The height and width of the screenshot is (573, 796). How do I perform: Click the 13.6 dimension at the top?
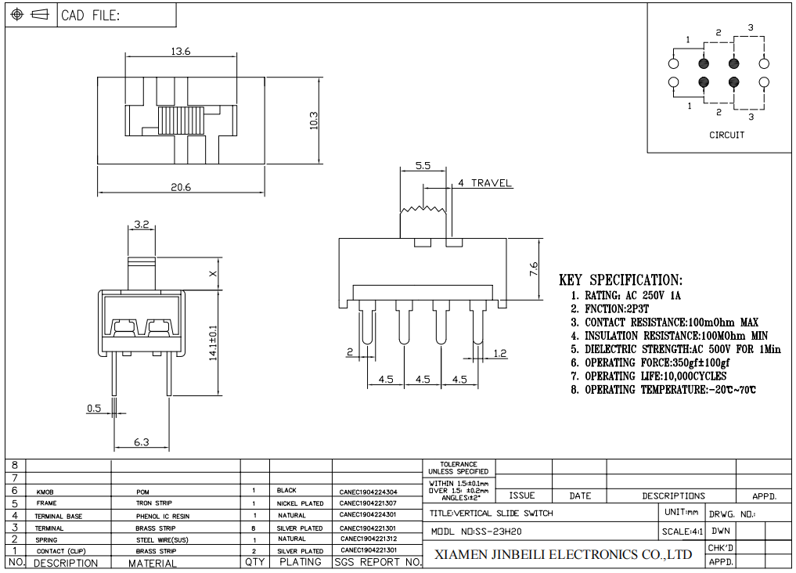(x=180, y=51)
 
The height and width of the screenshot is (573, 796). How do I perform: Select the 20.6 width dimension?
(x=181, y=187)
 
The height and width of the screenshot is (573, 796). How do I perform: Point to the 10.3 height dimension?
(x=313, y=121)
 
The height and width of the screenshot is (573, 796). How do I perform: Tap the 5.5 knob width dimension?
(x=423, y=165)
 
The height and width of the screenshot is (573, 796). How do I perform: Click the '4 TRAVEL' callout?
(x=484, y=182)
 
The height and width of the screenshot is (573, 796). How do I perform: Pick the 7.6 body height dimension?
(x=534, y=268)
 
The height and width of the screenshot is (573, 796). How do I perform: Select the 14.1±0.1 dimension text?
(x=213, y=343)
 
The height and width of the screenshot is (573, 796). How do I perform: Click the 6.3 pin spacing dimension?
(x=142, y=442)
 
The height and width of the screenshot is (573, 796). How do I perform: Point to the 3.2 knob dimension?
(x=142, y=224)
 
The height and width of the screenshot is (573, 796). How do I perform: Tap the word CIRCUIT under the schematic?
(x=726, y=135)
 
